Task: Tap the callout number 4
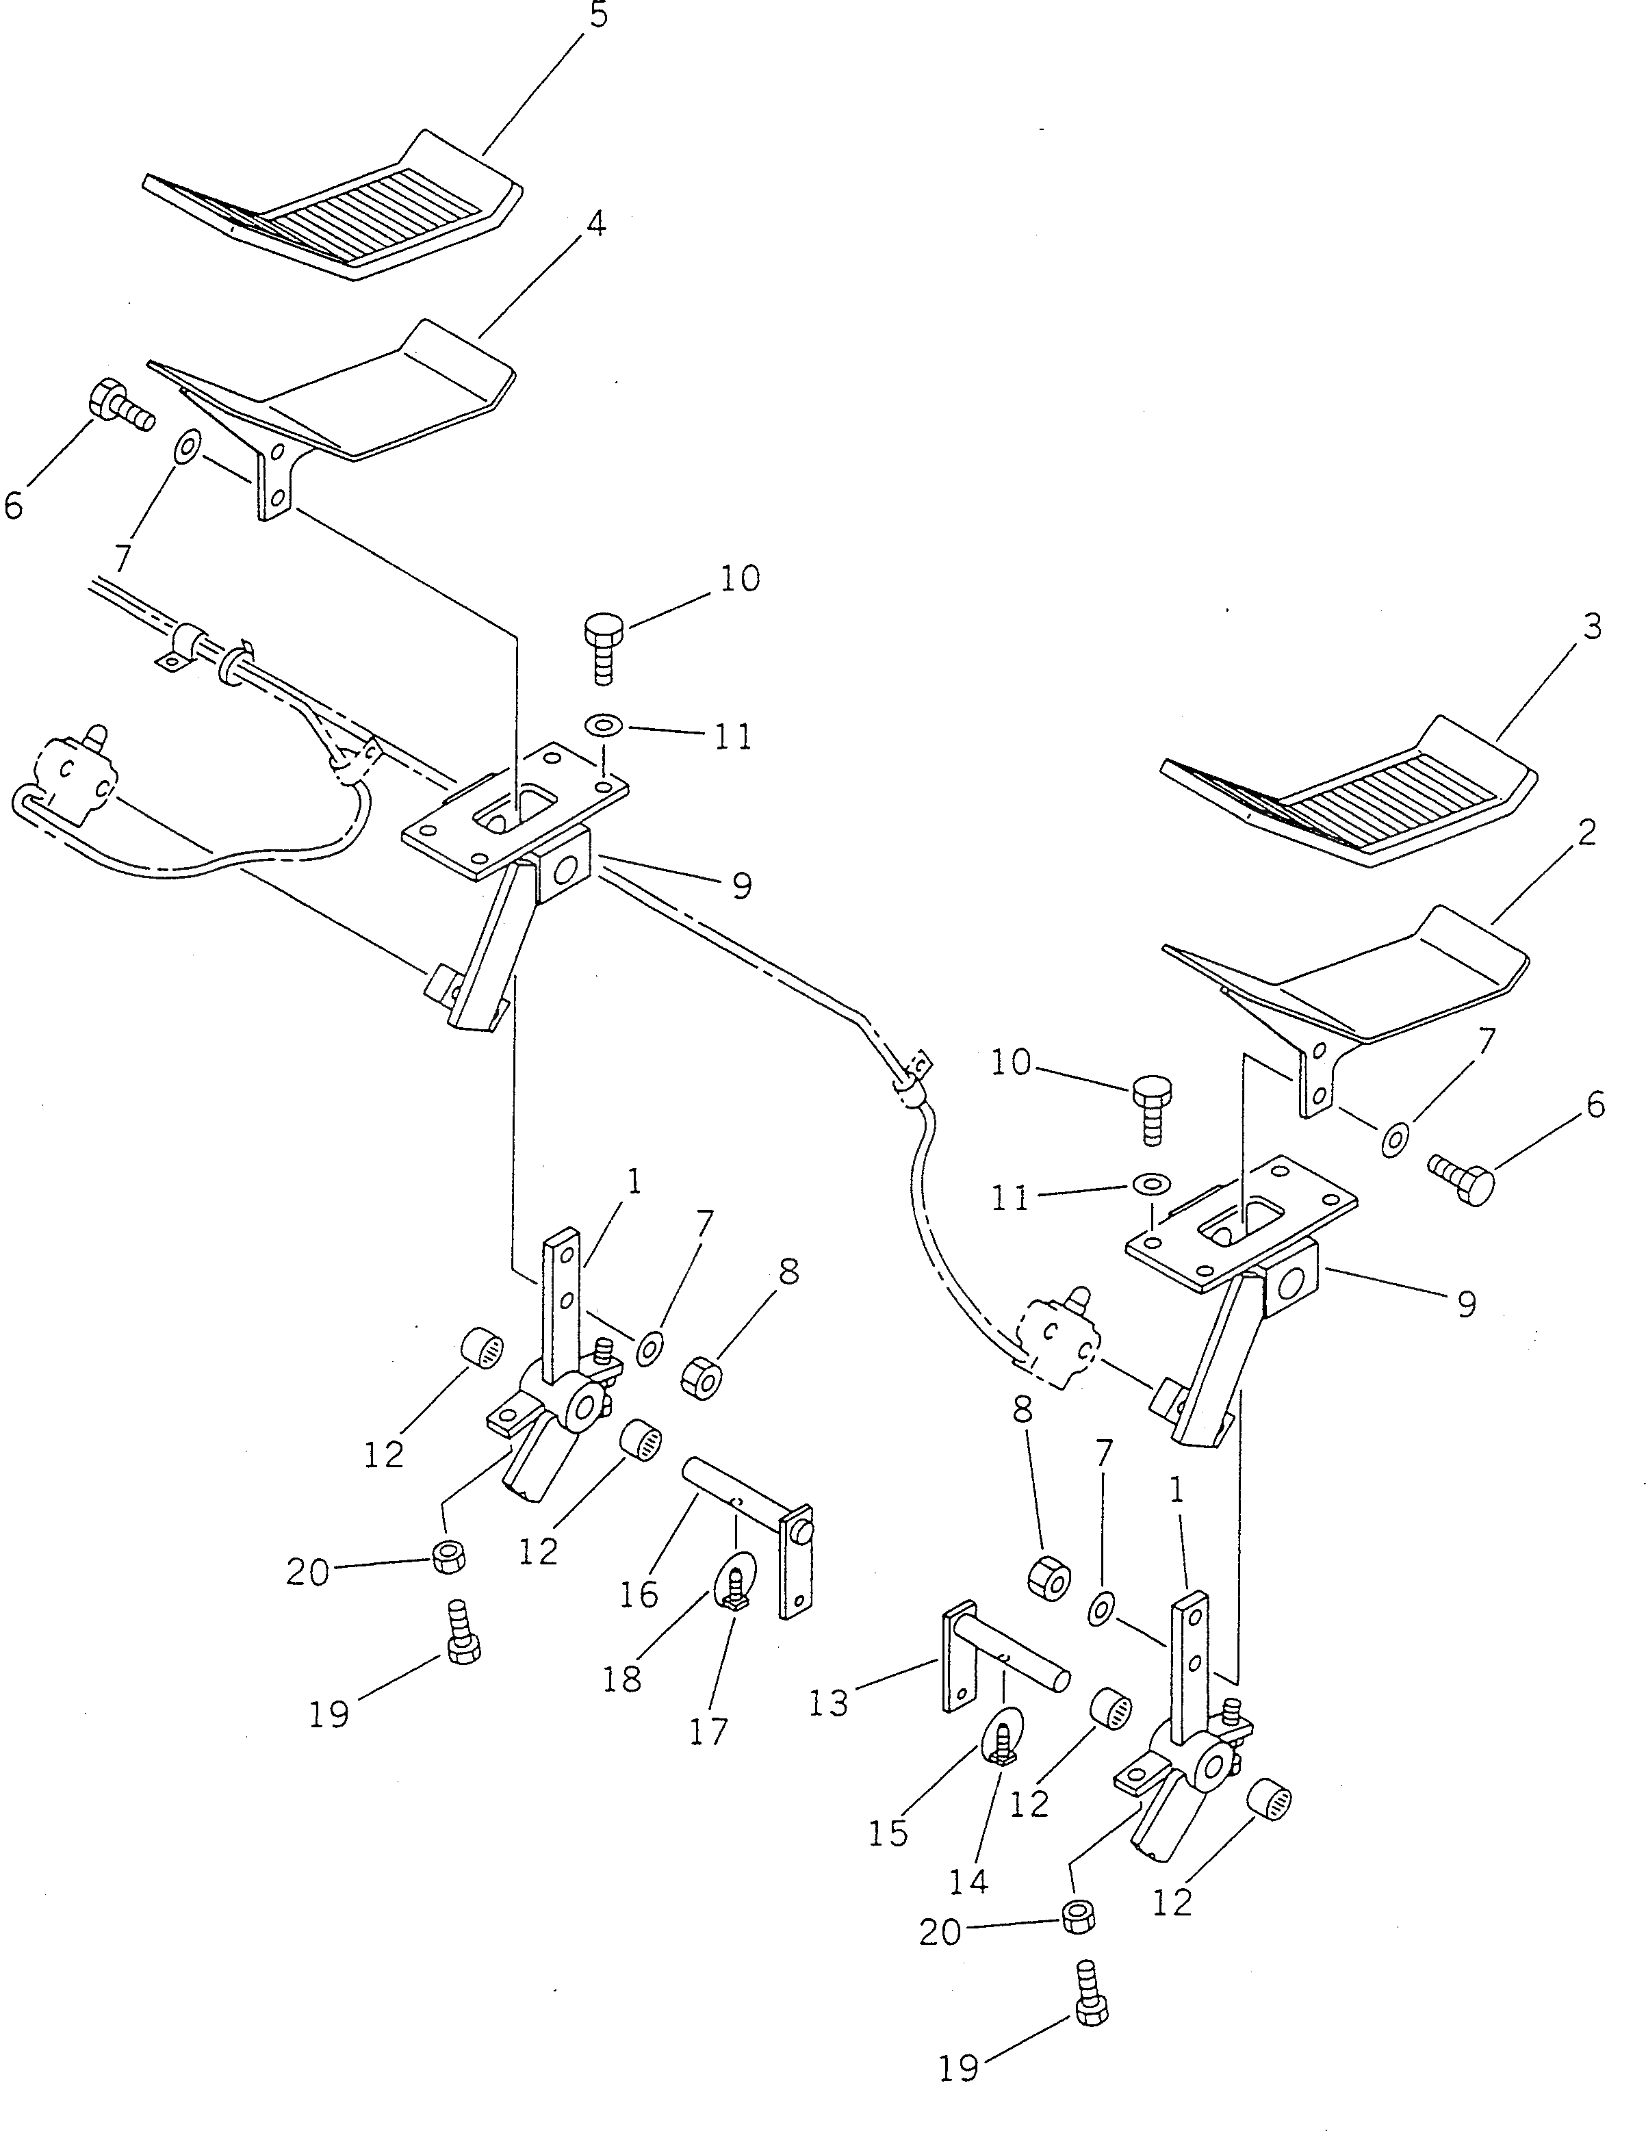point(595,224)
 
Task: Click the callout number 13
point(828,1703)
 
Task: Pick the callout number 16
point(639,1594)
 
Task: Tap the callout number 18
point(623,1678)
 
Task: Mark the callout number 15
point(888,1833)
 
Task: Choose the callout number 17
point(708,1730)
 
